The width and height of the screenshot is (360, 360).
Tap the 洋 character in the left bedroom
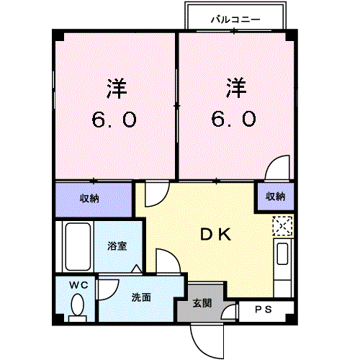tap(117, 89)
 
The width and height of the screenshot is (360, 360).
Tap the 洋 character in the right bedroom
tap(236, 89)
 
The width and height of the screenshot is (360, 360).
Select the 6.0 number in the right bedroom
tap(234, 120)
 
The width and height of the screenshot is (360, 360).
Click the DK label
tap(214, 234)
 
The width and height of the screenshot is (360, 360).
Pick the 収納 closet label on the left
tap(89, 196)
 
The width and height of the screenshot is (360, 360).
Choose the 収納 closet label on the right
tap(274, 196)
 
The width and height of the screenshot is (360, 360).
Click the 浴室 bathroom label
tap(118, 246)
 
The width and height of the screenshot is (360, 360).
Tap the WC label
tap(78, 285)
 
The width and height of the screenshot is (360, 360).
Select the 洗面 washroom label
tap(141, 297)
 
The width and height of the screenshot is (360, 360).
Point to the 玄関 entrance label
tap(202, 303)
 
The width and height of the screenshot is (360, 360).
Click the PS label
tap(264, 310)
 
